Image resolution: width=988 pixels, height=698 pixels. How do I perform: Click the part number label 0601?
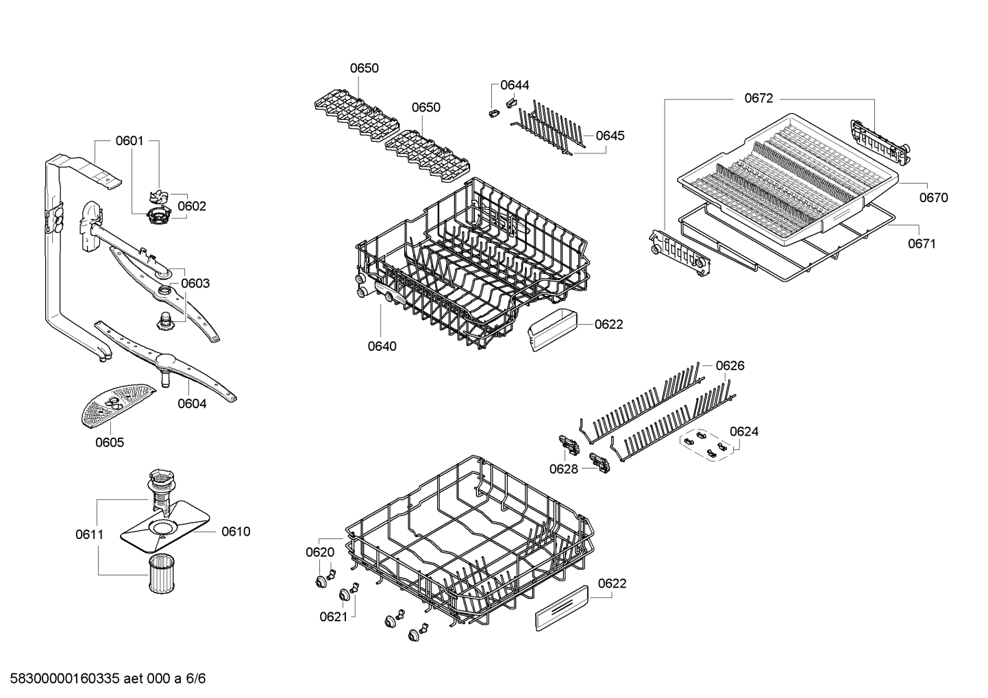pyautogui.click(x=129, y=141)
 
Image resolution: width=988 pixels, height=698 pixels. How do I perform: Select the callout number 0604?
pyautogui.click(x=192, y=403)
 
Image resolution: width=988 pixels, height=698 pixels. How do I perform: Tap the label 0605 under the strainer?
pyautogui.click(x=110, y=443)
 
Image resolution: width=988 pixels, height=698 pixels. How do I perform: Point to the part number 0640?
pyautogui.click(x=382, y=346)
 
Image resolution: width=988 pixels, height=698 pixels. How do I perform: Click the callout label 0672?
pyautogui.click(x=758, y=99)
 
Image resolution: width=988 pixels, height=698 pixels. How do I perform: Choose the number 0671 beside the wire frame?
pyautogui.click(x=922, y=243)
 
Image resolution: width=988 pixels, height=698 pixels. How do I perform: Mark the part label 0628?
pyautogui.click(x=563, y=469)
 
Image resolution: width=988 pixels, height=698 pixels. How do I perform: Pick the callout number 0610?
pyautogui.click(x=236, y=532)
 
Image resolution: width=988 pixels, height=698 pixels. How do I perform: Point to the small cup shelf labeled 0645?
pyautogui.click(x=548, y=127)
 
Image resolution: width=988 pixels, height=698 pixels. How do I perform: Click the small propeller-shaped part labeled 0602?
pyautogui.click(x=158, y=198)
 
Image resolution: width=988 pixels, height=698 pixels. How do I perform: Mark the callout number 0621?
pyautogui.click(x=334, y=617)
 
